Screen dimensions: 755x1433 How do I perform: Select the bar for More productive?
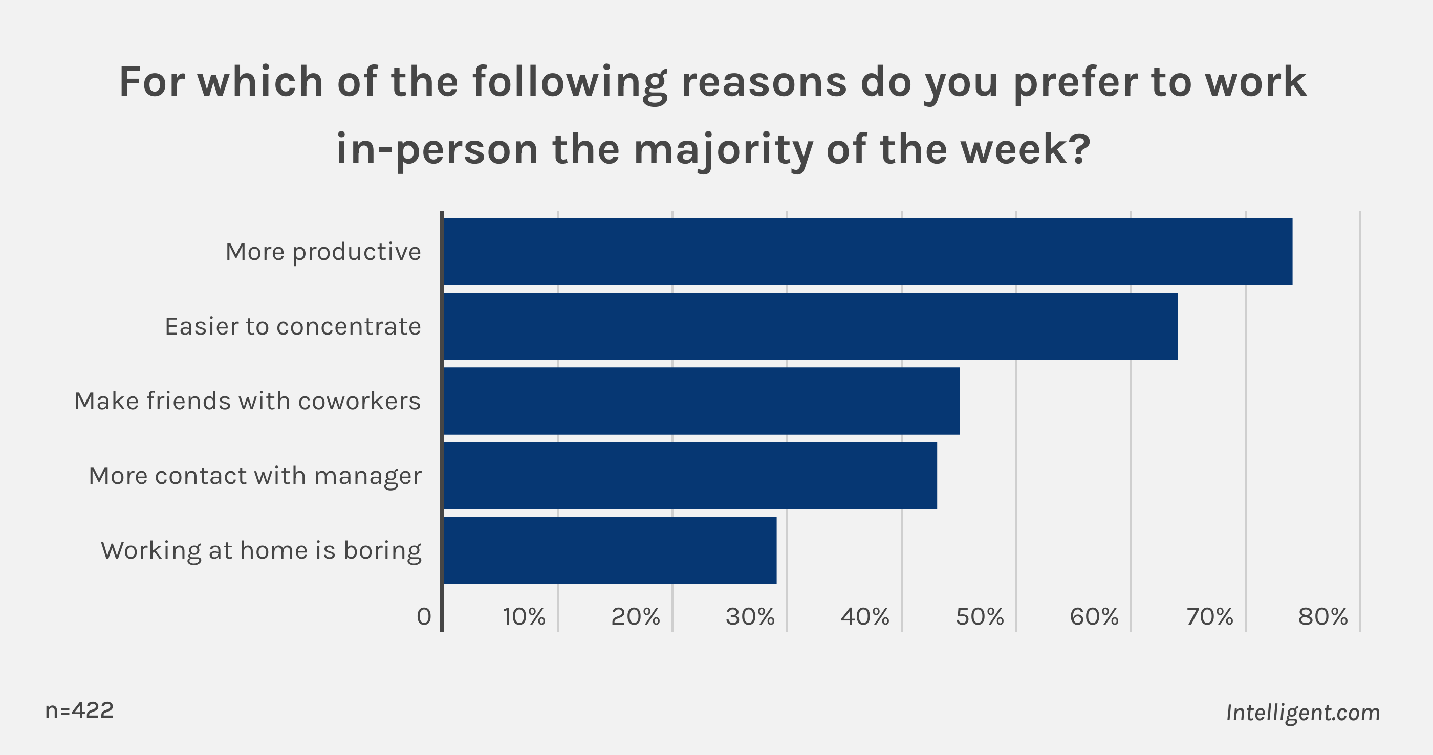coord(868,252)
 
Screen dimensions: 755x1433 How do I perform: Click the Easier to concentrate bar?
coord(811,326)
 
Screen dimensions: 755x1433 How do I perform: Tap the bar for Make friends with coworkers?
coord(702,401)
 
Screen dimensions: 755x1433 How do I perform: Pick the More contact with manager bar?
coord(690,475)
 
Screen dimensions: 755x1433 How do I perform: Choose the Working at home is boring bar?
coord(610,550)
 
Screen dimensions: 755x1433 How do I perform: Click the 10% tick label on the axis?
coord(524,616)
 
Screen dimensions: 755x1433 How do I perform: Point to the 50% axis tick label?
coord(980,616)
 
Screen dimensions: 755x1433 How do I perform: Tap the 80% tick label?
coord(1323,616)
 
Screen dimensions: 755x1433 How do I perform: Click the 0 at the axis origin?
coord(424,616)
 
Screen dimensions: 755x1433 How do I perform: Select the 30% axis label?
coord(750,616)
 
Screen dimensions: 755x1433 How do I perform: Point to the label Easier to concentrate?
coord(293,326)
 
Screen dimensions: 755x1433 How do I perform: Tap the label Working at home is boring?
coord(261,550)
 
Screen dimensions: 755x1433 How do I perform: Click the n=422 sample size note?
coord(79,710)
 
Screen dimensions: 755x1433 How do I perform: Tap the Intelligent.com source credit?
coord(1303,713)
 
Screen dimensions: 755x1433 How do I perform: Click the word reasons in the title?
coord(764,82)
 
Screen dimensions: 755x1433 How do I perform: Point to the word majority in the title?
coord(723,150)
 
